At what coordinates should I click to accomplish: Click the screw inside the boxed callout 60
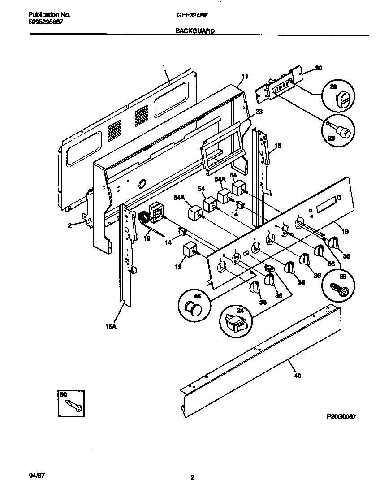[73, 405]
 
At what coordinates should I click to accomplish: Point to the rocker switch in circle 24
[236, 321]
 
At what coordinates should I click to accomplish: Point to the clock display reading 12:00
[282, 86]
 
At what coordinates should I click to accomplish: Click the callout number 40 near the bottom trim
[297, 376]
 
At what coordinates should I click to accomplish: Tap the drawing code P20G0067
[341, 416]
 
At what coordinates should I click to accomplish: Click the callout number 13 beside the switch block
[178, 268]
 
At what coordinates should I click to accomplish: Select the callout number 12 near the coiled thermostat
[147, 239]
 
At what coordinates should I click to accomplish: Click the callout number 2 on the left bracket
[70, 225]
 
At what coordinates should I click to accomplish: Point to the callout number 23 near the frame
[259, 111]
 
